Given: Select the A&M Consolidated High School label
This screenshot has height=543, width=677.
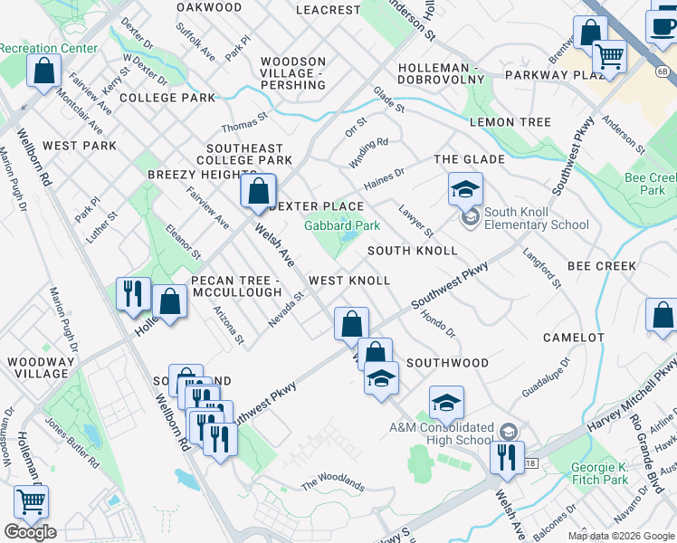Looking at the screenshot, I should (441, 433).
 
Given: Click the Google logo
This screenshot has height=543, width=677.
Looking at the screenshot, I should (30, 531).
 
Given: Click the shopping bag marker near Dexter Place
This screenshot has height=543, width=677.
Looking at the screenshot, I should (258, 191).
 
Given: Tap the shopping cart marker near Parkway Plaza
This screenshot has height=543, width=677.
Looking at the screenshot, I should (609, 57).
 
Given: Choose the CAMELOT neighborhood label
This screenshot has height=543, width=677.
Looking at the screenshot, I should (573, 338).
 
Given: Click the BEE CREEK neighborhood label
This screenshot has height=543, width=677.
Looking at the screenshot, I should (602, 266).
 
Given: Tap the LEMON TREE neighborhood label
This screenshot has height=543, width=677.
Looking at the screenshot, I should (510, 122).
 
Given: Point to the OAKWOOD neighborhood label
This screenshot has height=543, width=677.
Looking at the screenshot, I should (209, 7).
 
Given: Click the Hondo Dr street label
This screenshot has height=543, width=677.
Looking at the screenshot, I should (438, 325).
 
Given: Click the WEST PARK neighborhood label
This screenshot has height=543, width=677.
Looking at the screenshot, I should (79, 145).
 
